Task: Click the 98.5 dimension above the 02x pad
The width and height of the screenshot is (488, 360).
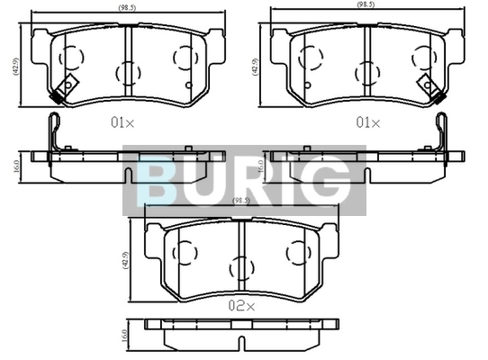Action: click(x=241, y=201)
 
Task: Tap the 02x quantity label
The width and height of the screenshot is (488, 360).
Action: click(x=241, y=306)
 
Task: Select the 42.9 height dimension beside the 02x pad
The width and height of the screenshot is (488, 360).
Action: click(x=126, y=260)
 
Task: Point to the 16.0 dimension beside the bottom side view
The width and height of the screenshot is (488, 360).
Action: click(x=124, y=336)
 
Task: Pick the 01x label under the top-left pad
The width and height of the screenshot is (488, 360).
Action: click(x=122, y=123)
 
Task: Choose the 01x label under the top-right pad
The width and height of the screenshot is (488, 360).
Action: click(x=368, y=123)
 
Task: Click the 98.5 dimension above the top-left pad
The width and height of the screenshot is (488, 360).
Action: click(x=127, y=8)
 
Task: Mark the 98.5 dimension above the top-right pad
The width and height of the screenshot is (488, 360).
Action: click(x=366, y=5)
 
